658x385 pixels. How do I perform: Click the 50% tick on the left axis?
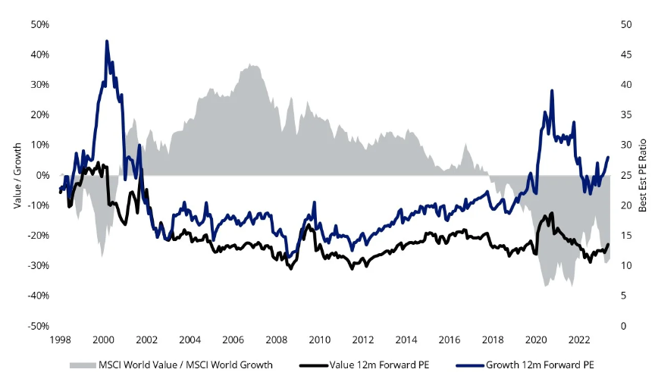(x=39, y=24)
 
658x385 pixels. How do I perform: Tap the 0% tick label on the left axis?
(x=42, y=175)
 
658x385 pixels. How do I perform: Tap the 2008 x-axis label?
(x=276, y=340)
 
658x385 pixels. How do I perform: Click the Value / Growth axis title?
(x=16, y=175)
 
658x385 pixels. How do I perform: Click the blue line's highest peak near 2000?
(x=107, y=41)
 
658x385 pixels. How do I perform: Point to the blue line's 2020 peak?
(x=552, y=90)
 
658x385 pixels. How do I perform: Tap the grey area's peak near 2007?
(x=253, y=65)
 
